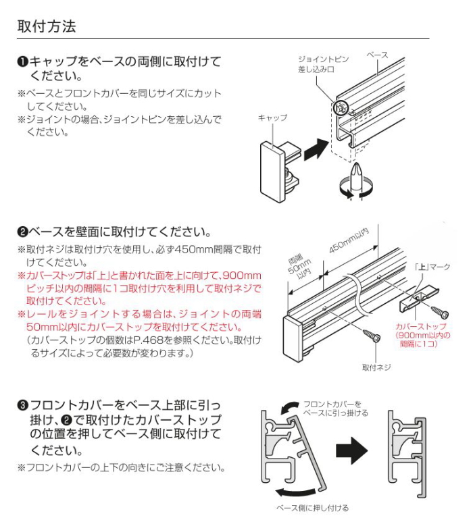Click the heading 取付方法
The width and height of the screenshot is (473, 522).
pyautogui.click(x=47, y=26)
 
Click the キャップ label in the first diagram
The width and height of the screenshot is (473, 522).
pyautogui.click(x=272, y=118)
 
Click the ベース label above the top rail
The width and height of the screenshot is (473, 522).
pyautogui.click(x=377, y=53)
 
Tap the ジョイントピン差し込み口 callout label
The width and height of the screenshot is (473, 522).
pyautogui.click(x=323, y=64)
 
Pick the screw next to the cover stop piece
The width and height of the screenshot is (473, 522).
pyautogui.click(x=441, y=312)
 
